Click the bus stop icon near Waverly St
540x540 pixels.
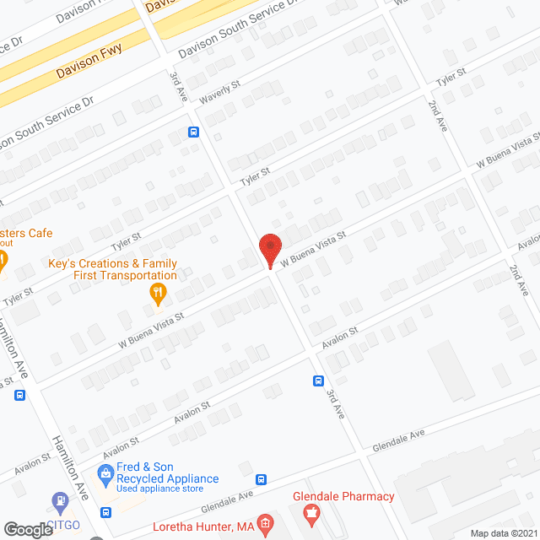pos(193,132)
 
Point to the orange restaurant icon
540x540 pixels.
pos(157,294)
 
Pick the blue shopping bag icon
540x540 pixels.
pos(105,472)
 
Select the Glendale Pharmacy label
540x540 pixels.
pos(343,496)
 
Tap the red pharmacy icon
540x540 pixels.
pos(311,512)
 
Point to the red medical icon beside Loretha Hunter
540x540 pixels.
pos(265,526)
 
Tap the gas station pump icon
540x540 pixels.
pos(61,504)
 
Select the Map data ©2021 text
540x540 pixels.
pos(502,533)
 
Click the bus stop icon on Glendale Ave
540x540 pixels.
pos(262,479)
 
